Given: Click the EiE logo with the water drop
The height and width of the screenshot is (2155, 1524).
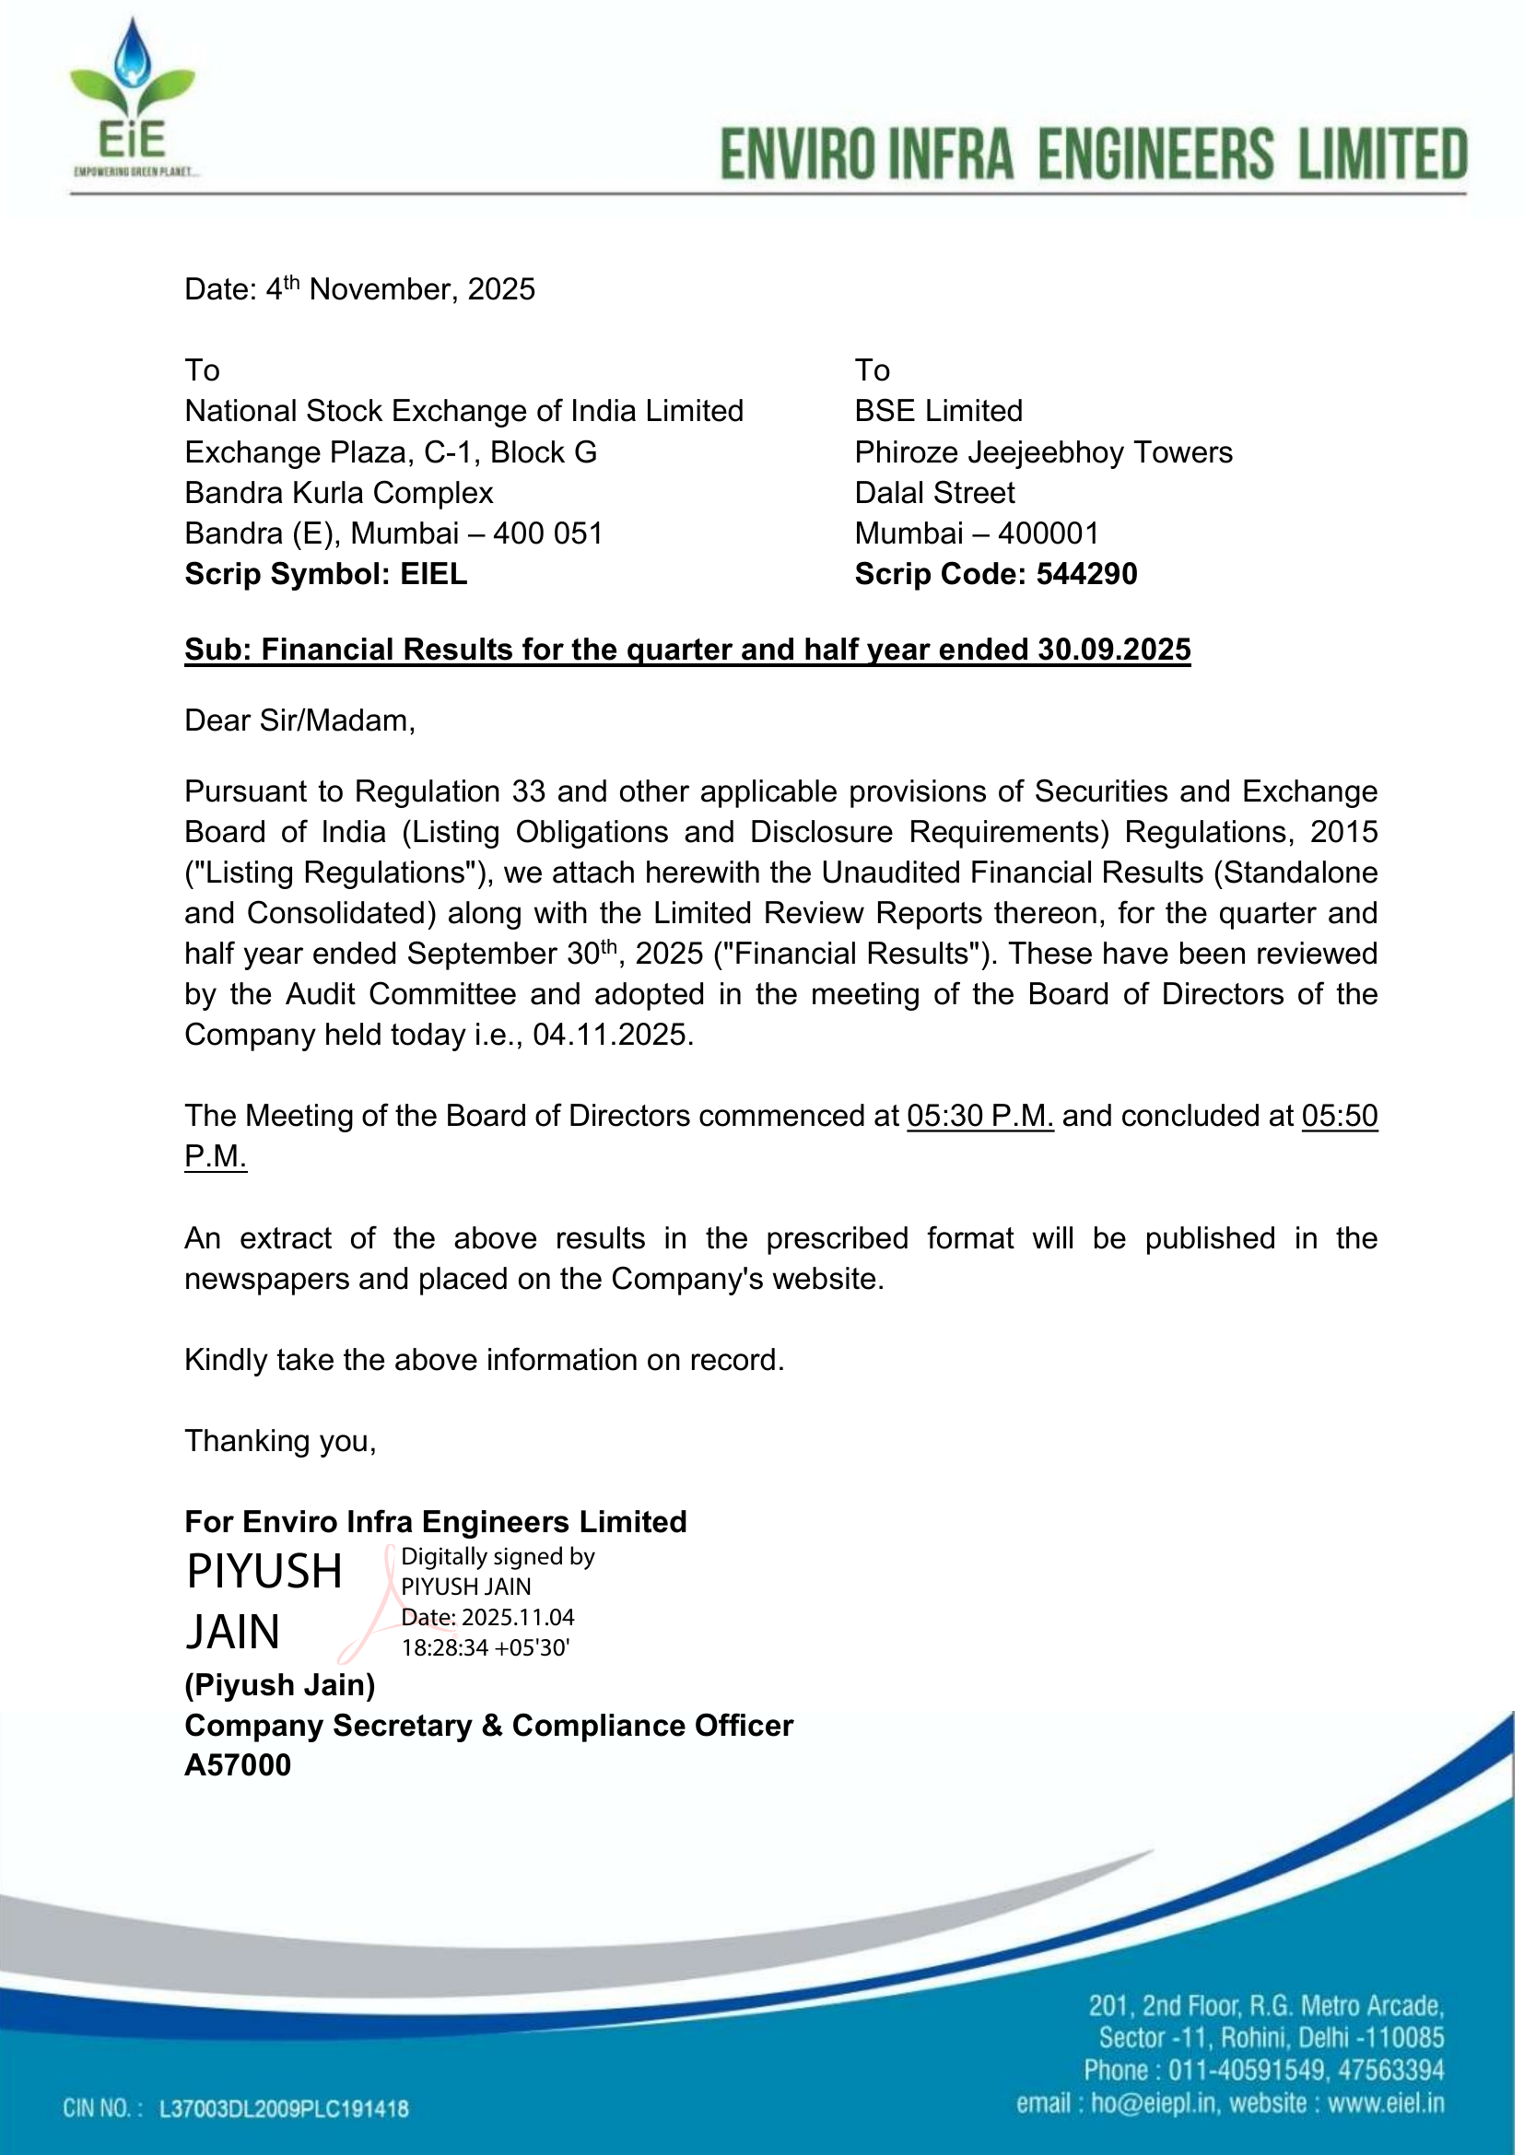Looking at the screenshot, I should pyautogui.click(x=133, y=98).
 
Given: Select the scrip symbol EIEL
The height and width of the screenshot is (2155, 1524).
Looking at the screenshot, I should pyautogui.click(x=434, y=573).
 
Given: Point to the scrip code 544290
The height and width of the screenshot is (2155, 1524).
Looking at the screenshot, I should pyautogui.click(x=1086, y=573).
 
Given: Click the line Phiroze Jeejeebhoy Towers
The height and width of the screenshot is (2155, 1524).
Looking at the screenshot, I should pyautogui.click(x=1043, y=452).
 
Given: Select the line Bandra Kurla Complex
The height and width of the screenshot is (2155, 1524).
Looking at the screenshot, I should pyautogui.click(x=339, y=493).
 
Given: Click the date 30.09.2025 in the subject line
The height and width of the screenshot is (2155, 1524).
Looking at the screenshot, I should pyautogui.click(x=1114, y=650).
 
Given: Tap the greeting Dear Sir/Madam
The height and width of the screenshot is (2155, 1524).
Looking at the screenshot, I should pyautogui.click(x=299, y=720).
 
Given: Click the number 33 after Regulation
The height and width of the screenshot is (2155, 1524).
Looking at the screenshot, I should pyautogui.click(x=529, y=791).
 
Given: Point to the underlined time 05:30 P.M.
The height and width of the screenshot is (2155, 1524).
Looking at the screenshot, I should pyautogui.click(x=979, y=1115).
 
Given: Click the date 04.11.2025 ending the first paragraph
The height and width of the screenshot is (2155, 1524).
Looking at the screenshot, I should pyautogui.click(x=613, y=1035).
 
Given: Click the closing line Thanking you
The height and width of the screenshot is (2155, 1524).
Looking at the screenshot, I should pyautogui.click(x=280, y=1440).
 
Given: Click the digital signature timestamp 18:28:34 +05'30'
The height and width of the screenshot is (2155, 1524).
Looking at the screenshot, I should pyautogui.click(x=486, y=1647).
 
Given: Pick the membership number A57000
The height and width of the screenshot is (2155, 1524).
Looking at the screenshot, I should pyautogui.click(x=238, y=1764).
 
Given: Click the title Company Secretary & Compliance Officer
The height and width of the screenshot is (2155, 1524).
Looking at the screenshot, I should pyautogui.click(x=489, y=1725).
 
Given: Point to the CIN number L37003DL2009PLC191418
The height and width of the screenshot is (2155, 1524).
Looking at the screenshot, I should pyautogui.click(x=284, y=2109).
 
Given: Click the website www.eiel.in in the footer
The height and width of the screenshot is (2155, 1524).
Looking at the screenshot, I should pyautogui.click(x=1385, y=2103).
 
